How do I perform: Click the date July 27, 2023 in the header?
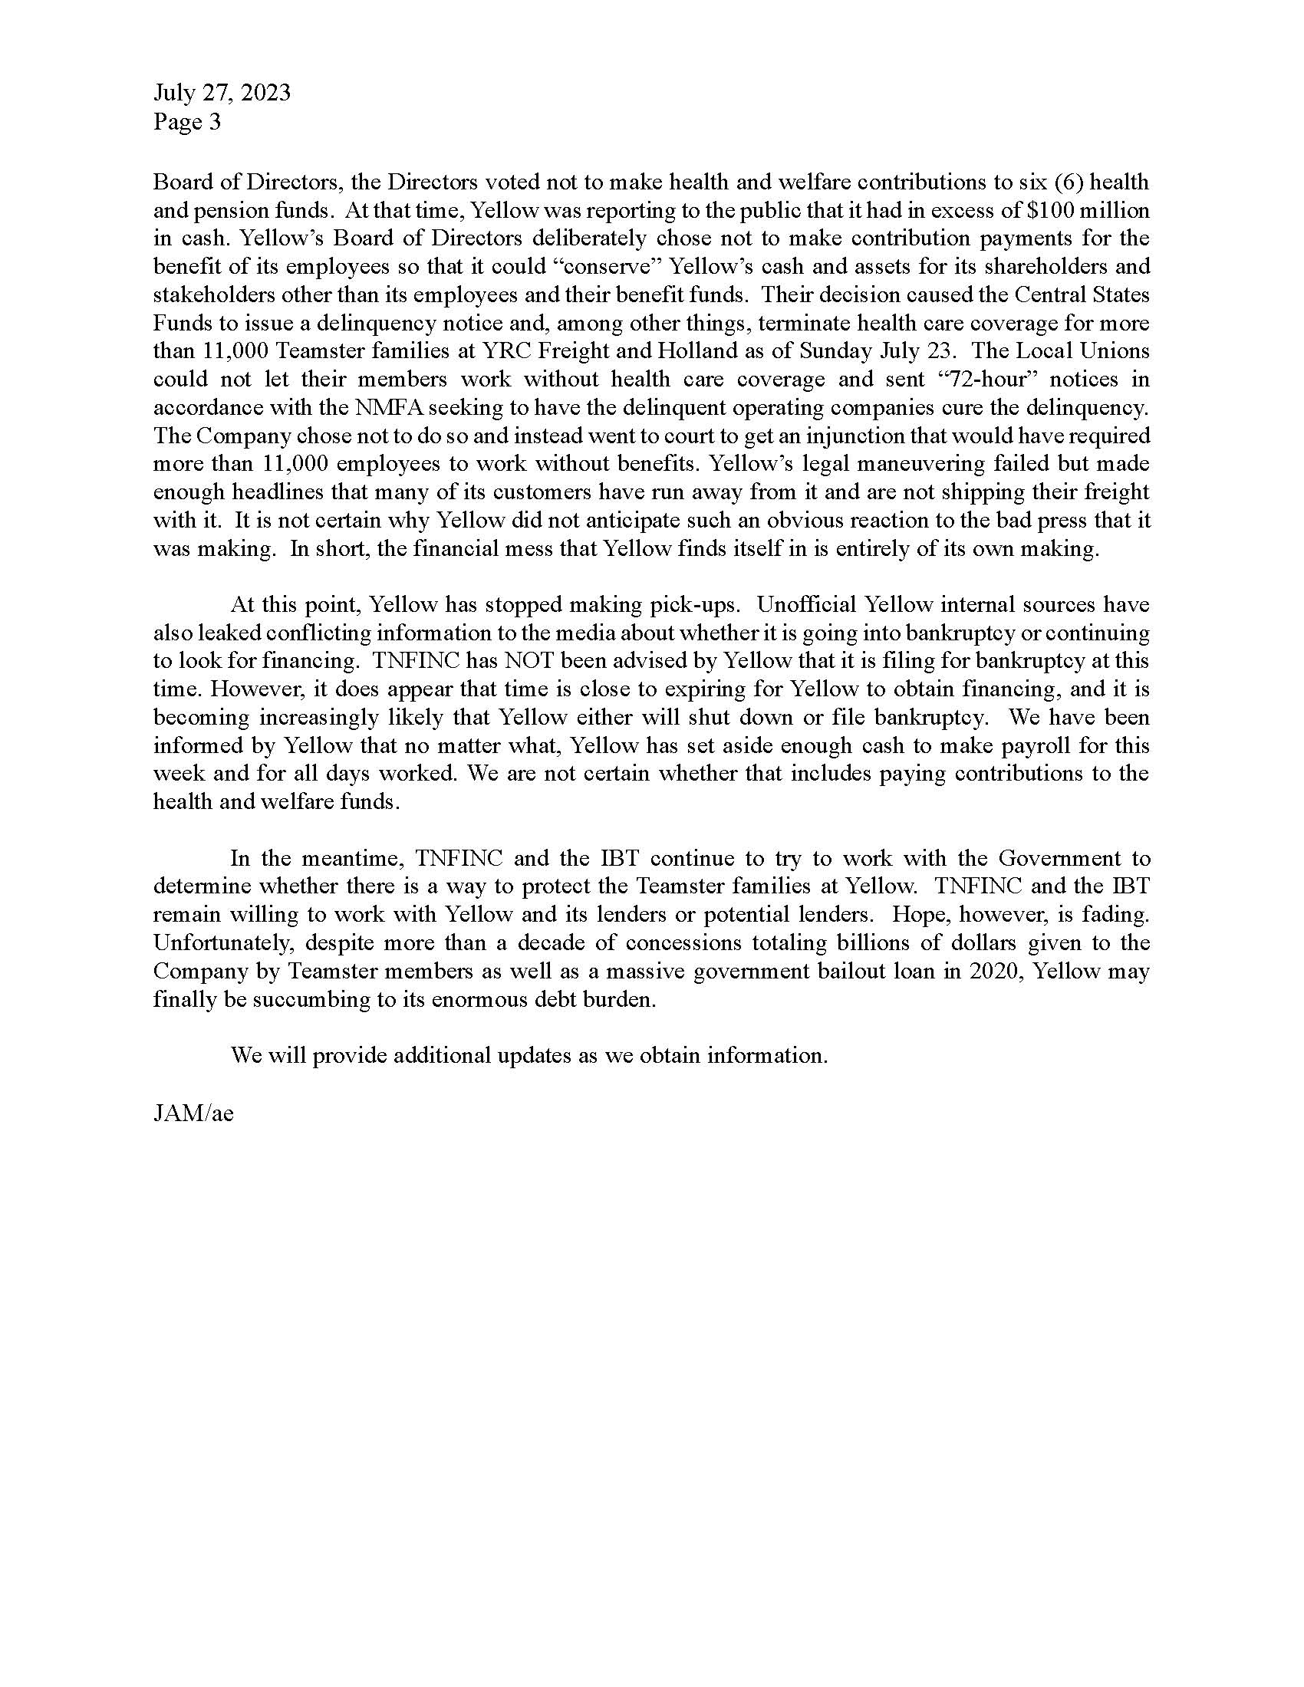click(x=222, y=93)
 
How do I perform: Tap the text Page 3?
click(x=187, y=121)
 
